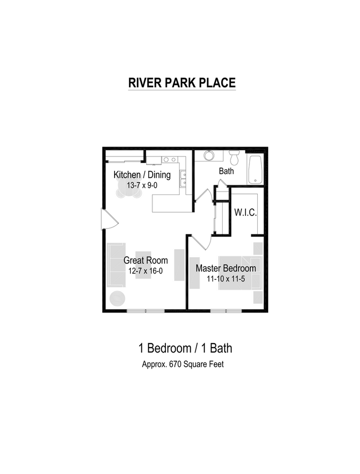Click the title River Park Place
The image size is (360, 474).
tap(182, 82)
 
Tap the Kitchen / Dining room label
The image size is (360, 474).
tap(142, 174)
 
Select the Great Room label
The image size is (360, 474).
tap(145, 260)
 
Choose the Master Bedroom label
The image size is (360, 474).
tap(226, 269)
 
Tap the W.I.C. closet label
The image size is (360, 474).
tap(245, 213)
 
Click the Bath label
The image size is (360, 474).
tap(226, 171)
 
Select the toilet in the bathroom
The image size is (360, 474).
tap(234, 158)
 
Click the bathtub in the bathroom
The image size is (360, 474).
tap(255, 170)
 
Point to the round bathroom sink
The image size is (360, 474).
tap(209, 156)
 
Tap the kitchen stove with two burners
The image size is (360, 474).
tap(170, 159)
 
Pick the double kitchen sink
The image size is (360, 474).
tap(183, 178)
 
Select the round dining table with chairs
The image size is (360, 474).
tap(127, 188)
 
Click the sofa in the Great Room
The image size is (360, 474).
tap(116, 265)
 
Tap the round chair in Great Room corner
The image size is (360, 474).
tap(117, 298)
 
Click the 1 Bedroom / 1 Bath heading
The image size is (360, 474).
tap(185, 348)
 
